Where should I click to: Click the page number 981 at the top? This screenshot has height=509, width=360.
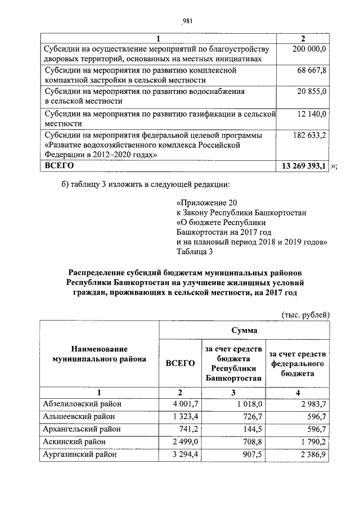188,22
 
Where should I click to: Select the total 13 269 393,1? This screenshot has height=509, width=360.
304,166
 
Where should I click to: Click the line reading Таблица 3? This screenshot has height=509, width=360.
194,252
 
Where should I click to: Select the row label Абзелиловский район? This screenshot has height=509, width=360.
82,403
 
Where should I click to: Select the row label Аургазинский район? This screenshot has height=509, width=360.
80,455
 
